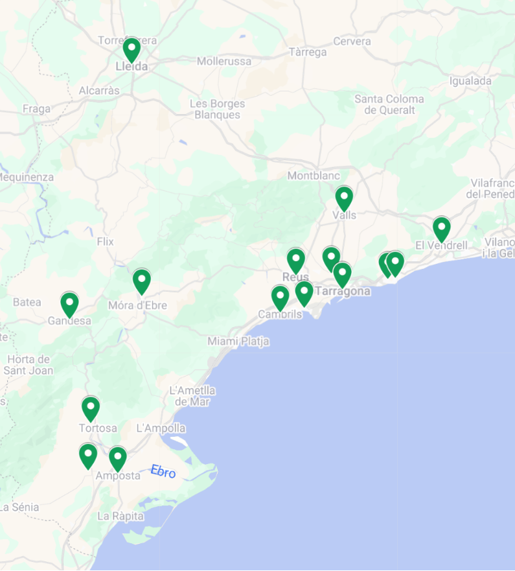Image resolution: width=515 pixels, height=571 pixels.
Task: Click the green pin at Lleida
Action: [132, 49]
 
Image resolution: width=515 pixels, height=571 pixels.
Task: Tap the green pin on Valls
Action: [344, 197]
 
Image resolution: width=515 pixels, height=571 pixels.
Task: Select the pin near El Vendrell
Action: [442, 228]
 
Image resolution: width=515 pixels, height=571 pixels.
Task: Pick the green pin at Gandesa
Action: [69, 303]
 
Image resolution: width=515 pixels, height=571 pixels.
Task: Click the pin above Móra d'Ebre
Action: [142, 281]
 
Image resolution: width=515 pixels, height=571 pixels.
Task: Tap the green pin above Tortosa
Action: [91, 408]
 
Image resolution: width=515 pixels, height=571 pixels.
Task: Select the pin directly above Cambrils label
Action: [280, 297]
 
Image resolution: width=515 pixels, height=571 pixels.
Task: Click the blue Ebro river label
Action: [163, 472]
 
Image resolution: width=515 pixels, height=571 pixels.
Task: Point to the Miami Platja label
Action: [238, 342]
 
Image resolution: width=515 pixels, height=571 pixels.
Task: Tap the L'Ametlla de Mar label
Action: [192, 396]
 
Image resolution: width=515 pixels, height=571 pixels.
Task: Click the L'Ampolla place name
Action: [161, 428]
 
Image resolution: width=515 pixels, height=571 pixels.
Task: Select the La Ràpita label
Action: [120, 517]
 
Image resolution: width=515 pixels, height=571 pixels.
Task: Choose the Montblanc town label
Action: [314, 176]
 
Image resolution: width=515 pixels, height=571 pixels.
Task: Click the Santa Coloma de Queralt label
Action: [389, 104]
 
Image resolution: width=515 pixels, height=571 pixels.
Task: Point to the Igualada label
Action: [470, 81]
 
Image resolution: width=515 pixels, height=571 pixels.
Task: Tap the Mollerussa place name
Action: [224, 62]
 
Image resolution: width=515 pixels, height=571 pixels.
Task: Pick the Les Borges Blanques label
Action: [218, 110]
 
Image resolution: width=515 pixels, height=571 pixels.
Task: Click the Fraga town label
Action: [36, 109]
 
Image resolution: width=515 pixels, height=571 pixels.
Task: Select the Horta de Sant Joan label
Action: [28, 365]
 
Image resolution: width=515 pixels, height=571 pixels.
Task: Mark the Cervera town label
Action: [352, 41]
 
